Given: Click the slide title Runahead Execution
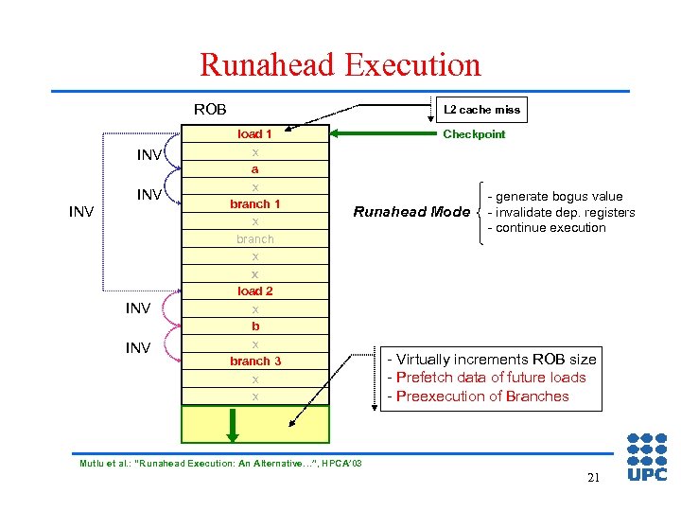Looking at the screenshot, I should tap(340, 64).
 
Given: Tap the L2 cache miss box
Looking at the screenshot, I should tap(482, 110).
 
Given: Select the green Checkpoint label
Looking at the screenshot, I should tap(474, 134).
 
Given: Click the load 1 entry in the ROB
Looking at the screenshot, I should tap(255, 134).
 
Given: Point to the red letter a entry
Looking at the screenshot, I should tap(255, 169).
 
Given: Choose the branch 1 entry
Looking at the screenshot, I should tap(255, 203).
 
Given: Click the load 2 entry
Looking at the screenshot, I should tap(255, 291).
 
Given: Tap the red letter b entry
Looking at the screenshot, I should tap(255, 326).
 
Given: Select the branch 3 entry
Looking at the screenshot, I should tap(255, 361).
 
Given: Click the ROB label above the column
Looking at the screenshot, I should tap(210, 109).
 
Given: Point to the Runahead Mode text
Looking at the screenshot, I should tap(411, 212).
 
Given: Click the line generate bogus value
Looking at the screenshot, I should tap(555, 197).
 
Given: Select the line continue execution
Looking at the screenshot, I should tap(547, 227).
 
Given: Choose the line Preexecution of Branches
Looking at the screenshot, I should tap(479, 396).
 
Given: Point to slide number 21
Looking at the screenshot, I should tap(593, 478).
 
